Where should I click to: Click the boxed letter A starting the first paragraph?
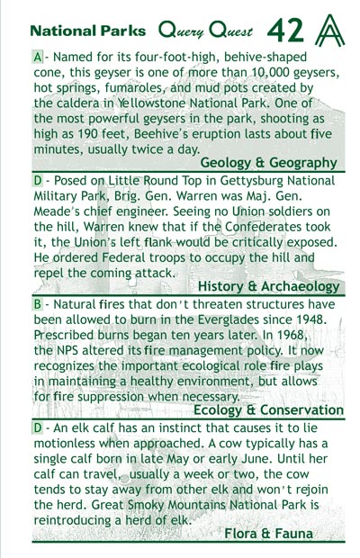(x=37, y=56)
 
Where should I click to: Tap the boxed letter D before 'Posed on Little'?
(x=37, y=180)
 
